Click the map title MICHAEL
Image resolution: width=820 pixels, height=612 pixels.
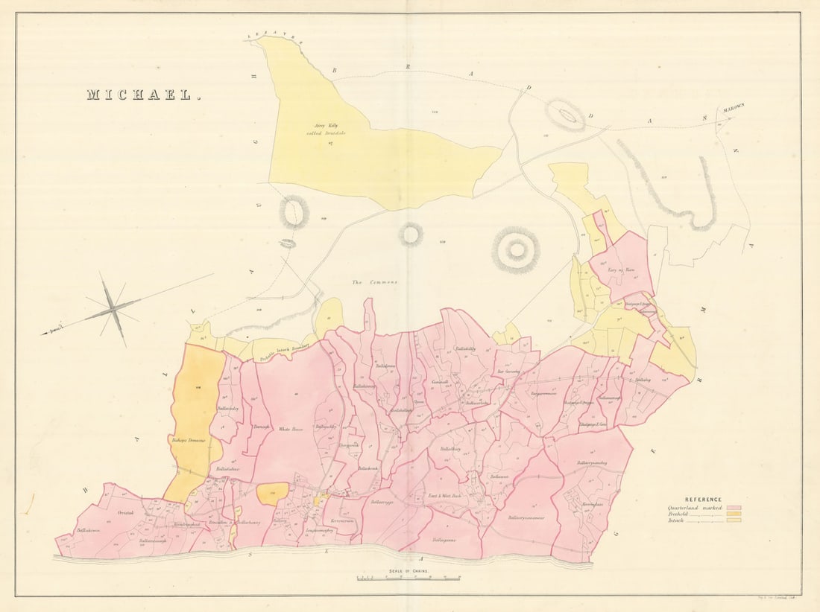(143, 95)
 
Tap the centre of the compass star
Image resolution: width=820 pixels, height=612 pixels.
(111, 307)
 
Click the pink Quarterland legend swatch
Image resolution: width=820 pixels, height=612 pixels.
(742, 506)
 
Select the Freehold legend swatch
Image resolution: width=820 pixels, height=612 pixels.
(742, 514)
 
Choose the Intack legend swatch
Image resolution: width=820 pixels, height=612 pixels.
(742, 521)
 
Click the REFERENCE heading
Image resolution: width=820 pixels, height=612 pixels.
(703, 499)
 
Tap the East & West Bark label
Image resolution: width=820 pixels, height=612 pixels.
(445, 495)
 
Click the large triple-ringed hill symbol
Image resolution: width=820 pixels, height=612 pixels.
(516, 250)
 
